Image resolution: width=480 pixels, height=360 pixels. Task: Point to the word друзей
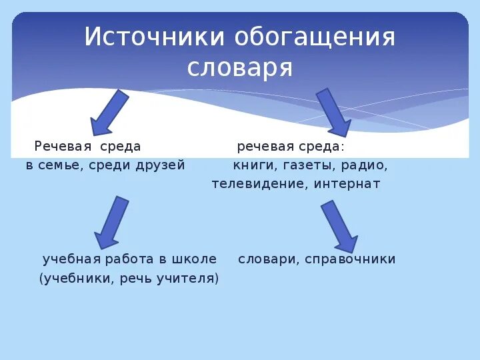162,165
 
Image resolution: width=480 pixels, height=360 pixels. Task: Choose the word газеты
306,165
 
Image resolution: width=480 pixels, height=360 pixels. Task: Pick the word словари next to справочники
267,259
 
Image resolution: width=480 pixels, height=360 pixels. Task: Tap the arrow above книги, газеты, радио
333,112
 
